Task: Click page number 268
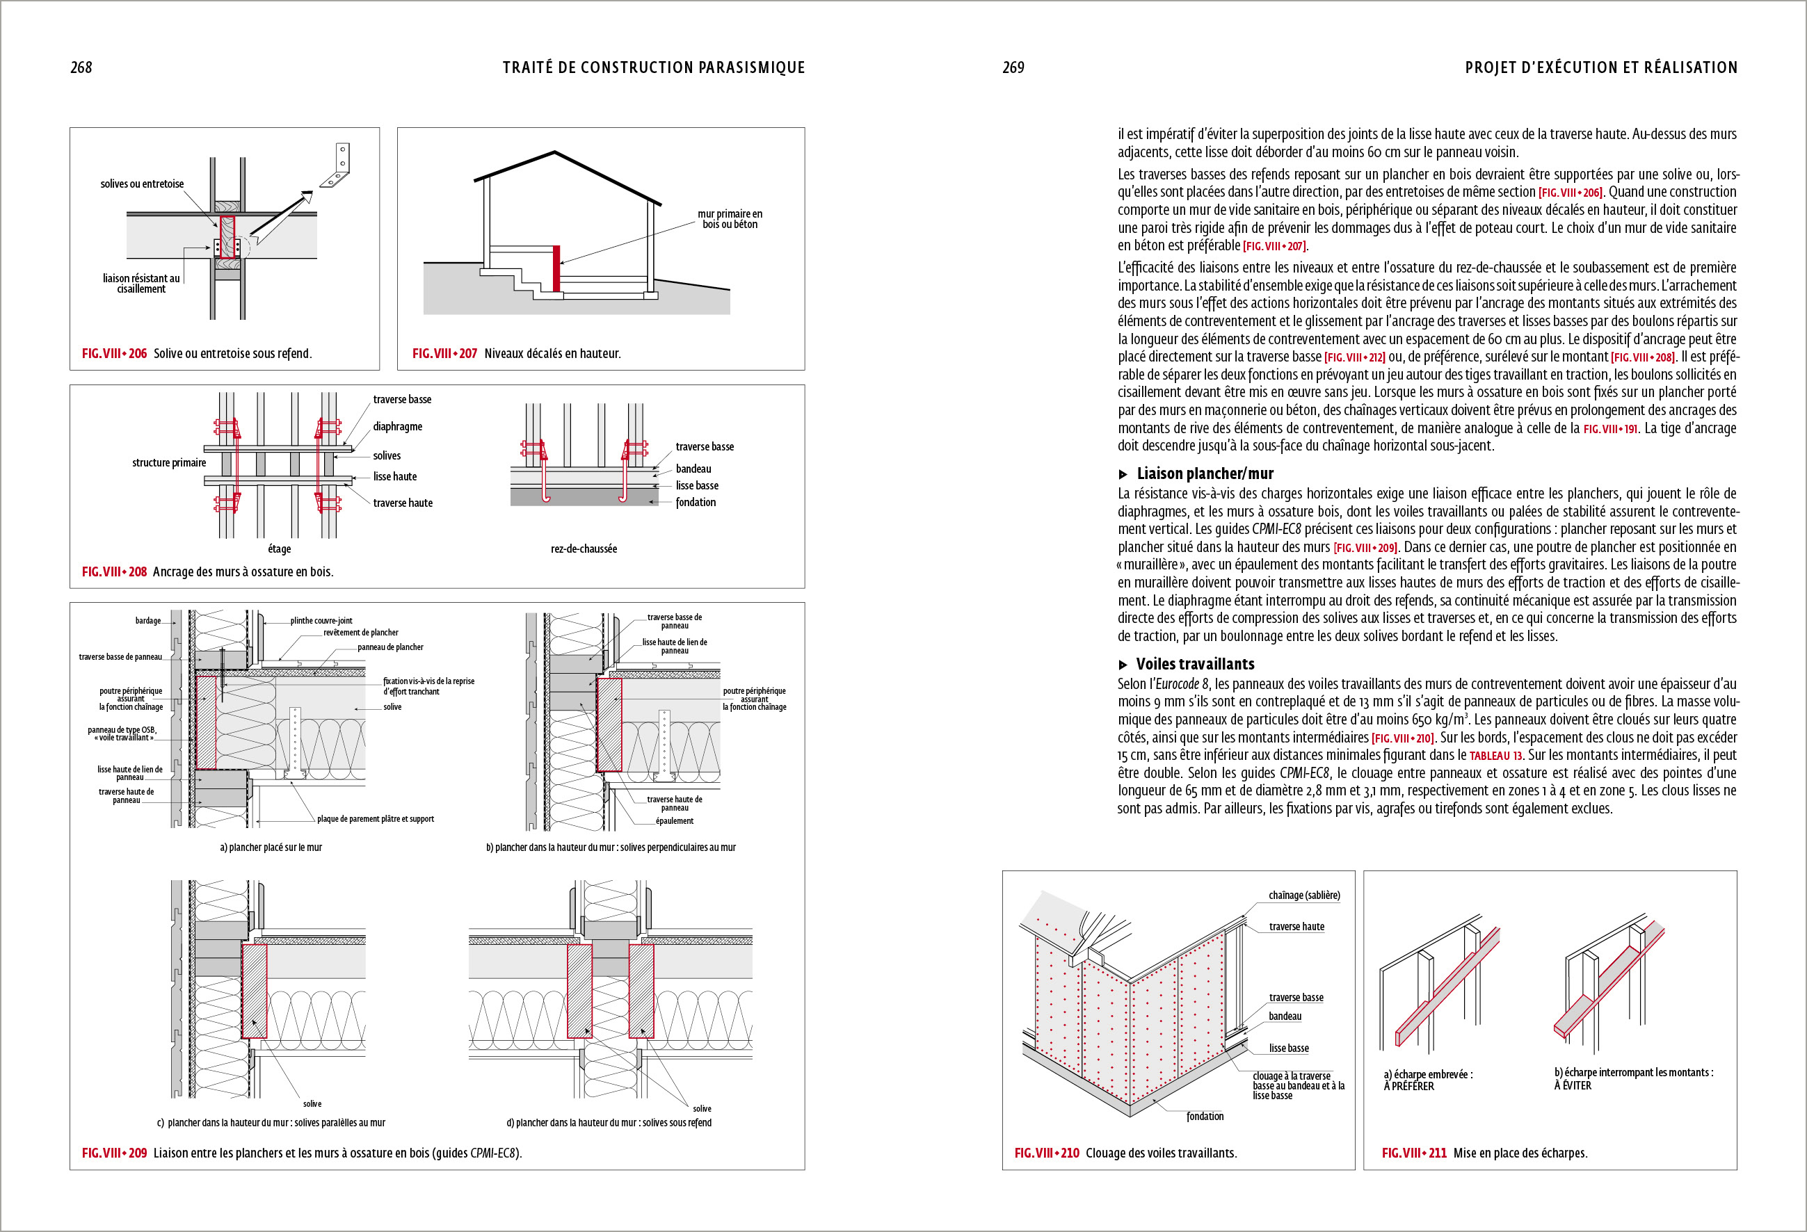click(81, 67)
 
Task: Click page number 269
click(1013, 67)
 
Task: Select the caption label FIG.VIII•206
click(114, 354)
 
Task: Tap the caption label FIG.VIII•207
click(444, 354)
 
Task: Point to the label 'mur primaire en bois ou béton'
click(730, 219)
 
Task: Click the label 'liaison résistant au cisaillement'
click(140, 284)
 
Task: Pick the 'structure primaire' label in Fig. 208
click(169, 462)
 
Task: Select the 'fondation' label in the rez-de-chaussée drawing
click(695, 502)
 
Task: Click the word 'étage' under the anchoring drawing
click(279, 549)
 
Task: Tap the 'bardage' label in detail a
click(147, 620)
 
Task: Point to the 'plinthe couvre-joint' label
click(321, 620)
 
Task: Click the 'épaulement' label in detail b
click(674, 821)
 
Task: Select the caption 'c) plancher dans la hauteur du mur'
click(271, 1122)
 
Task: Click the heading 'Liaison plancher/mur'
click(1205, 473)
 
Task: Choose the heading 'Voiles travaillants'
click(1195, 664)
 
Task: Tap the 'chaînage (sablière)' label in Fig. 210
click(1304, 895)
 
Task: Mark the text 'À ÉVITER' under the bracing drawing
click(1572, 1086)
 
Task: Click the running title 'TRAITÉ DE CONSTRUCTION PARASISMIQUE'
click(653, 67)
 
